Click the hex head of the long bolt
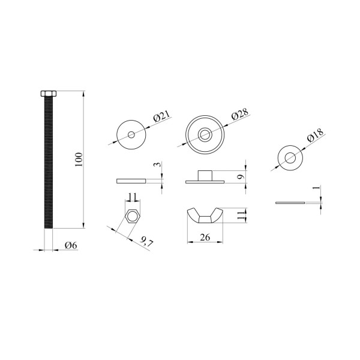49,94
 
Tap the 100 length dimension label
79,160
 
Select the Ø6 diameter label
71,245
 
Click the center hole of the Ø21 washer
131,134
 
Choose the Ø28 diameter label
240,113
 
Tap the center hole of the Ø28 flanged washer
205,134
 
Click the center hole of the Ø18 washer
290,158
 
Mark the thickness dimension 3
158,164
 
